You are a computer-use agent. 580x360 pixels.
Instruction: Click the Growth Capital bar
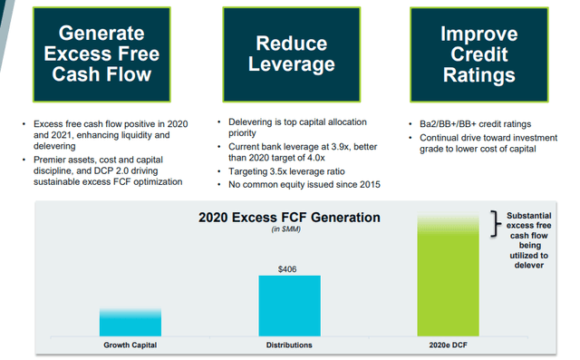[130, 322]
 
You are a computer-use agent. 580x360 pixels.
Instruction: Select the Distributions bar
[291, 306]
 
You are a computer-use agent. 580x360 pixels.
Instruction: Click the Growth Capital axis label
[130, 345]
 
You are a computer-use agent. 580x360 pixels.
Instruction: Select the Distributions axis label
[291, 345]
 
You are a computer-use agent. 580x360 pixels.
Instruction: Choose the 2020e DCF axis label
[452, 345]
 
